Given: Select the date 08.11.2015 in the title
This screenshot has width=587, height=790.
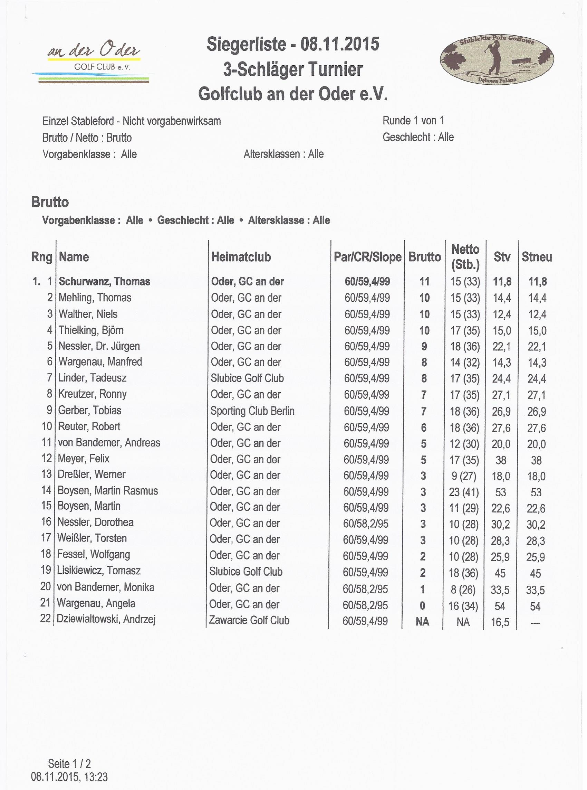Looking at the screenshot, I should (x=340, y=45).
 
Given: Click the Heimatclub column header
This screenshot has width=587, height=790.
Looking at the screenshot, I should (x=241, y=257).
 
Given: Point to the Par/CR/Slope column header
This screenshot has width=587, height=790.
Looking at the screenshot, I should (x=367, y=257).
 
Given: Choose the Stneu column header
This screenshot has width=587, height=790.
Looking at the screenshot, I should (x=537, y=257).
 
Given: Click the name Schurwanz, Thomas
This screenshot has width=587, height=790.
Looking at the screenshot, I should (x=105, y=282).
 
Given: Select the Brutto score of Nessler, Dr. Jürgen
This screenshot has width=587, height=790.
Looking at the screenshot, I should (x=424, y=346).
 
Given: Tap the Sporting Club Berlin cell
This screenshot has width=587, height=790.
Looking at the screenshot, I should (x=252, y=411).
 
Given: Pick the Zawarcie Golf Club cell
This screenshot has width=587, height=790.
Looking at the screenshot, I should (x=249, y=620).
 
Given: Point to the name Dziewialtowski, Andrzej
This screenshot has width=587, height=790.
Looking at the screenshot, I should (x=106, y=619).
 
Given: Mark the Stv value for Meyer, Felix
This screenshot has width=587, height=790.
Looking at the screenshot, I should (x=501, y=460).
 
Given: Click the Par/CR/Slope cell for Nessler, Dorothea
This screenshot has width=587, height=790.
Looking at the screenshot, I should (x=366, y=524).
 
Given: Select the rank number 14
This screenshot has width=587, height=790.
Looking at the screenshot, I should (x=47, y=490).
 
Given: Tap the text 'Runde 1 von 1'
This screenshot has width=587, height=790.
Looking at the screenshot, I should (x=413, y=121).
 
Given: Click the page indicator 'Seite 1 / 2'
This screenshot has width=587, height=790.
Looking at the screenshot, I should (x=69, y=764).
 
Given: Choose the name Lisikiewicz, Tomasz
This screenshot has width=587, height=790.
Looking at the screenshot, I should (x=99, y=571).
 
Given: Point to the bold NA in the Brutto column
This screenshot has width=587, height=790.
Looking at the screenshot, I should (x=422, y=621).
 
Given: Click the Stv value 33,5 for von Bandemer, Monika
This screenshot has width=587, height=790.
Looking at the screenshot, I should (x=500, y=590).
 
